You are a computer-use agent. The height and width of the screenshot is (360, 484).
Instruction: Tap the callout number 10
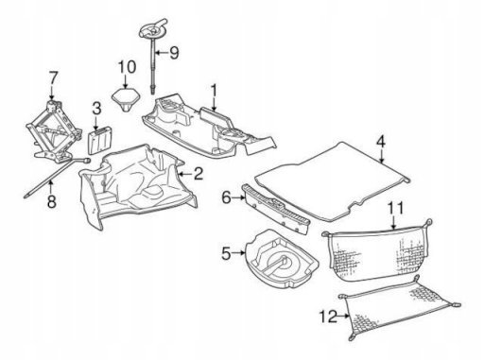point(127,67)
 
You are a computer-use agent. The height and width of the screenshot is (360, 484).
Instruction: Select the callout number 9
point(174,53)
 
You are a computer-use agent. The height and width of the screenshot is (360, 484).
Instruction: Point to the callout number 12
point(328,317)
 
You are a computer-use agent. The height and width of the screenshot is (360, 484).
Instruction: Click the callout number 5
point(227,253)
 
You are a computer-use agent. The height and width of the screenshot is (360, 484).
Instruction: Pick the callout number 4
point(381,142)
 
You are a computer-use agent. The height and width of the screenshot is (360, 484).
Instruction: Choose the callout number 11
point(395,209)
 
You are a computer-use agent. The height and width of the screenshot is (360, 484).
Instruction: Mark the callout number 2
point(199,174)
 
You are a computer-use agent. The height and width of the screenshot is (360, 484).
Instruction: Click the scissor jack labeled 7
point(53,131)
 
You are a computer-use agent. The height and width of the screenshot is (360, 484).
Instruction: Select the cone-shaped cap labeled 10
point(125,98)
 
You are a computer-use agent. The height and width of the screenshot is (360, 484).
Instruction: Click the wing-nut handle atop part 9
point(153,27)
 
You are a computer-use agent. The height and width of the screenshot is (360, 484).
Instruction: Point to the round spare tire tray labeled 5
point(282,259)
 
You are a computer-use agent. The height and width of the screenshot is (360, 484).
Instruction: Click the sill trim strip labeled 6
point(275,209)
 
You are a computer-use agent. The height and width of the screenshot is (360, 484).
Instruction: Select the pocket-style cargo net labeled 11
point(377,250)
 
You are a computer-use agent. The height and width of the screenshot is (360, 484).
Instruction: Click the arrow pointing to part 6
point(238,197)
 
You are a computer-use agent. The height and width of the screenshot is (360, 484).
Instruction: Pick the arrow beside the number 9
point(163,53)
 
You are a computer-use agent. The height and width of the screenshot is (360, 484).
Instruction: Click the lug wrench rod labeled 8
point(57,178)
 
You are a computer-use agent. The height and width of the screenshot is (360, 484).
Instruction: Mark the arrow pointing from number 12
point(343,316)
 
